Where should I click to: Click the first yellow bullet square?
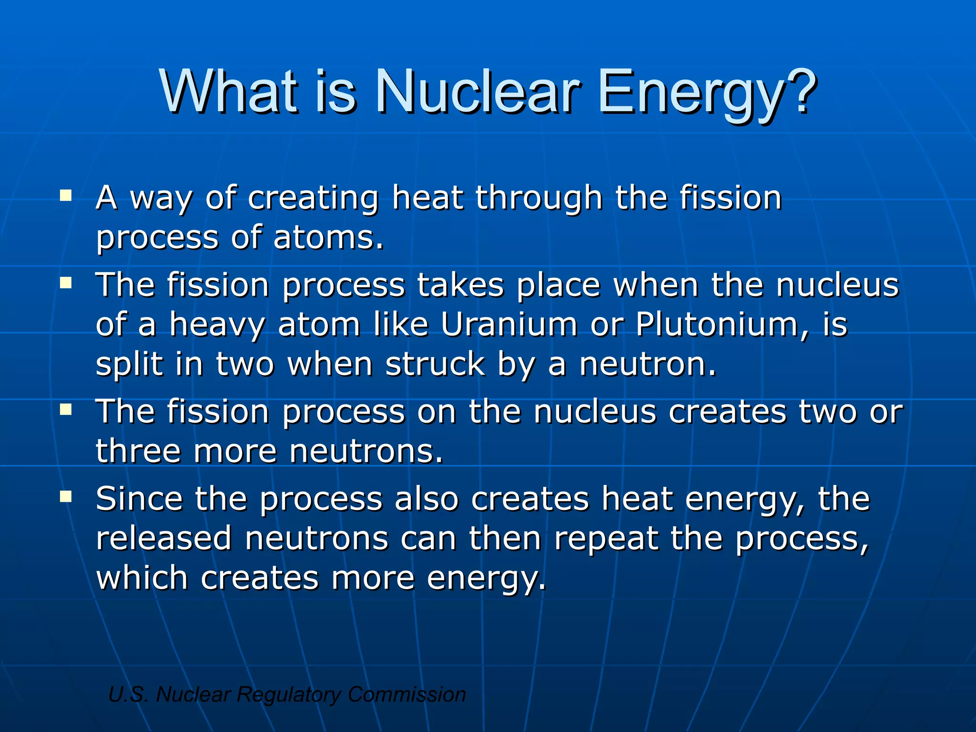[x=66, y=195]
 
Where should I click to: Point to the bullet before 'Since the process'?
[x=66, y=497]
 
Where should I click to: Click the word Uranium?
[x=509, y=325]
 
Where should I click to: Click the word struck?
[x=435, y=364]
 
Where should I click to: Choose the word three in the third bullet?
[x=139, y=451]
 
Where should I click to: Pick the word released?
[x=164, y=539]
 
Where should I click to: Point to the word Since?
[x=139, y=498]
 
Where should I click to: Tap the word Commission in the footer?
[x=407, y=694]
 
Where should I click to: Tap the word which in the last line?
[x=142, y=578]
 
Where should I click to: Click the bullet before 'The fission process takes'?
[x=66, y=284]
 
